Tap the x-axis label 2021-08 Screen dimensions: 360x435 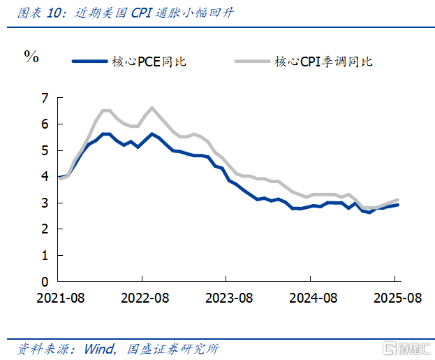[60, 298]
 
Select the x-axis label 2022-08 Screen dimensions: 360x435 [145, 298]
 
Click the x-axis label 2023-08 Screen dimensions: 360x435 [230, 298]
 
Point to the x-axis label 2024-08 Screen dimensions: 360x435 [314, 298]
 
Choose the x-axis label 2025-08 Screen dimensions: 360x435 [397, 298]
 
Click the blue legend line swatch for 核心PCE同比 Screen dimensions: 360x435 [89, 62]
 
